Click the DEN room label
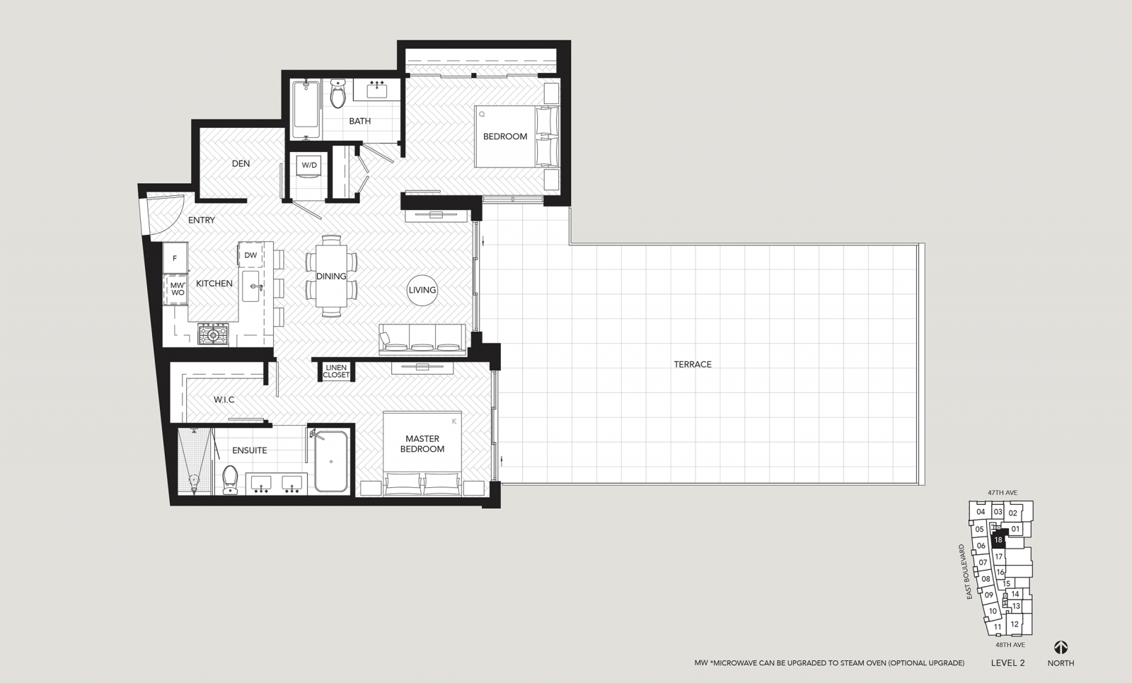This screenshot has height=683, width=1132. [x=241, y=163]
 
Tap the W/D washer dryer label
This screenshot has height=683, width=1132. [x=309, y=165]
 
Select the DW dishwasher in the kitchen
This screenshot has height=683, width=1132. [x=250, y=255]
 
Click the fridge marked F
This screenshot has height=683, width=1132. [x=175, y=258]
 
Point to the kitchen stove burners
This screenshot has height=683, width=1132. [x=213, y=334]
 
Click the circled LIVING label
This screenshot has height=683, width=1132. [x=422, y=290]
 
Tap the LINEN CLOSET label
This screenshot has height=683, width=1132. [x=336, y=371]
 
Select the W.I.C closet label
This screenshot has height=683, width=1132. [x=224, y=399]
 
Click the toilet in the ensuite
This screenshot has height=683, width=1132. [x=230, y=479]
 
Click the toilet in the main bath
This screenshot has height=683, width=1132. [x=337, y=93]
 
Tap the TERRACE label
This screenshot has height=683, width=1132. [x=693, y=364]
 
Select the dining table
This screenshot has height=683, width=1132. [x=332, y=276]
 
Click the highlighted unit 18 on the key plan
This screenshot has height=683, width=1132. [x=998, y=539]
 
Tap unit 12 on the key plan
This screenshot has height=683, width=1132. [x=1015, y=624]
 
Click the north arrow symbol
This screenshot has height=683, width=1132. [x=1061, y=647]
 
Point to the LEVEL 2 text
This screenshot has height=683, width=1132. [x=1007, y=662]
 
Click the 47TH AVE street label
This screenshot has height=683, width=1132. [x=1003, y=493]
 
